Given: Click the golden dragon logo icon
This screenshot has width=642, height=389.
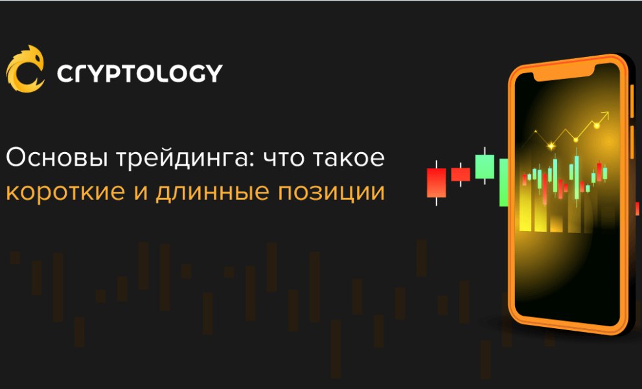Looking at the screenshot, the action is (x=25, y=69).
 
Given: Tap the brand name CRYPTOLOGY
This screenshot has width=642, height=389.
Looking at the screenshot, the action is (x=140, y=74).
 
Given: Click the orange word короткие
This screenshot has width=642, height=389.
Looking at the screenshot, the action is (x=65, y=192).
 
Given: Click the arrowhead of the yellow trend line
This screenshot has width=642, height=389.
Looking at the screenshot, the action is (x=605, y=115).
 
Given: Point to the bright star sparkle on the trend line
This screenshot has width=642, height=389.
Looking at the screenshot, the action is (x=551, y=145).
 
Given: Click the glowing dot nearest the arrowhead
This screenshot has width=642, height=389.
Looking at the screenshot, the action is (x=597, y=126).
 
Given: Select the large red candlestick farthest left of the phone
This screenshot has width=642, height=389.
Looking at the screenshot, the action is (x=437, y=183).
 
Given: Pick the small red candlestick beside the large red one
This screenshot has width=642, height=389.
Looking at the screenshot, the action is (x=461, y=174).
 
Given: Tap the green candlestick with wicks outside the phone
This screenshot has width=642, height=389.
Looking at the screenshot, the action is (x=485, y=166).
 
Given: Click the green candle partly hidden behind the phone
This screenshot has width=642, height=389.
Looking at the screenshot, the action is (x=504, y=183).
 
